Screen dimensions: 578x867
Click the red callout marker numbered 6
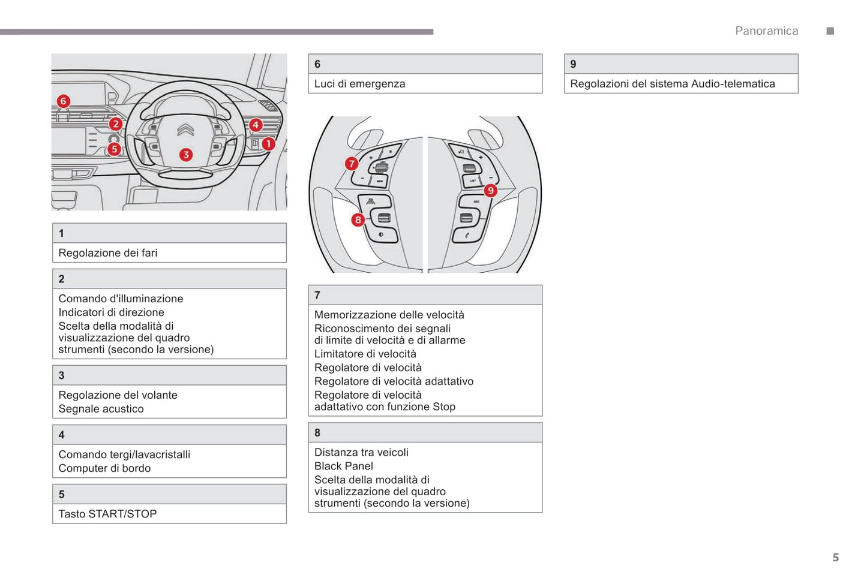[63, 101]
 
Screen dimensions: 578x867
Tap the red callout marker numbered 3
[186, 155]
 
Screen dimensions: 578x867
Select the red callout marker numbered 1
[268, 144]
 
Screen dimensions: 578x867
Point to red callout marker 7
[352, 164]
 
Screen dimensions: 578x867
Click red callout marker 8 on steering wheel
[358, 219]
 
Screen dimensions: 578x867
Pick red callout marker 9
[491, 190]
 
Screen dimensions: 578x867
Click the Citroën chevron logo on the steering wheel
[185, 130]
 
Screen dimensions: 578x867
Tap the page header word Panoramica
[766, 31]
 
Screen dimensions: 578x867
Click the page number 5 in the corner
[835, 558]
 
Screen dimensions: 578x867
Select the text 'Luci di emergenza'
[359, 84]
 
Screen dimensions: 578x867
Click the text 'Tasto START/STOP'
[107, 514]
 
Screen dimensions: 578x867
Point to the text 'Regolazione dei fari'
[108, 253]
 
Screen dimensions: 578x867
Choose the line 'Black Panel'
[344, 466]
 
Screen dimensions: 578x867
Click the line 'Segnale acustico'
[101, 409]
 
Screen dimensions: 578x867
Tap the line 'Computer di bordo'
[104, 468]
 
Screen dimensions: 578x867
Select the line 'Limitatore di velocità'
[365, 354]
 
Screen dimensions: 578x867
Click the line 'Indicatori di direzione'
[111, 312]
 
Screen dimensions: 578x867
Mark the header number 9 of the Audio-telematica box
[573, 64]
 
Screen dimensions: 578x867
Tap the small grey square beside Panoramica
[830, 31]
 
